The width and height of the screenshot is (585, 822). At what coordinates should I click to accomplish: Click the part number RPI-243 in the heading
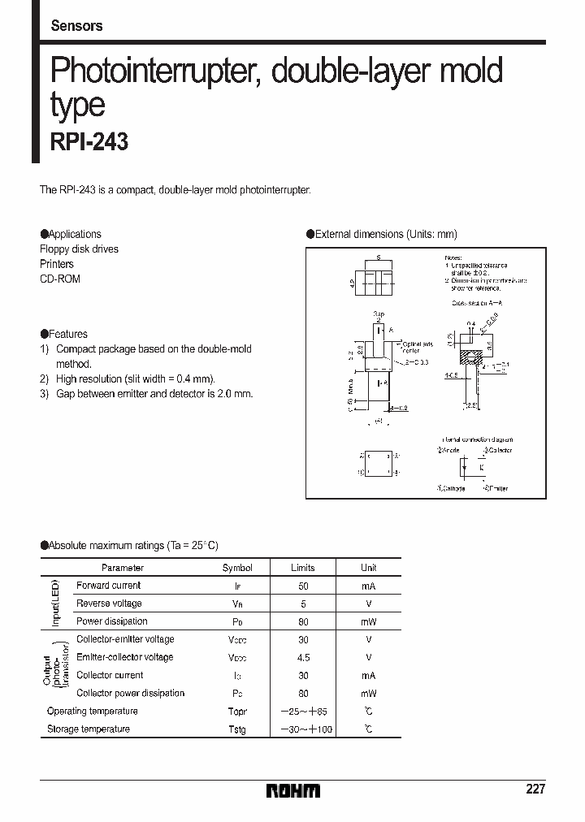89,142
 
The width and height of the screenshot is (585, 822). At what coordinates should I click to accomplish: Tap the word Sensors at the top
76,25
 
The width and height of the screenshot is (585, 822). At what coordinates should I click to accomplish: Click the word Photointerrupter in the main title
154,71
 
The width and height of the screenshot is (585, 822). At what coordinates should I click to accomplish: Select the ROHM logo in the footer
293,790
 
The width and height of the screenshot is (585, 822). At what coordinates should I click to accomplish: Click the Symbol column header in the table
237,568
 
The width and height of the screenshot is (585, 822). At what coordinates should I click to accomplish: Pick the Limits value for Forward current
302,586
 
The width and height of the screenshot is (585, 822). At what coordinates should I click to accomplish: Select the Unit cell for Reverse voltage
368,604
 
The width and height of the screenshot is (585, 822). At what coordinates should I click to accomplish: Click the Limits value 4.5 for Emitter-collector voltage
302,657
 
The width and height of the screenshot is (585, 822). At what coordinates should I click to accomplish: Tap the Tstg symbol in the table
237,729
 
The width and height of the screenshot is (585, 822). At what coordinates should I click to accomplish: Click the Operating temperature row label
93,712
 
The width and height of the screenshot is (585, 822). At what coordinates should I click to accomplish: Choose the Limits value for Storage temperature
302,729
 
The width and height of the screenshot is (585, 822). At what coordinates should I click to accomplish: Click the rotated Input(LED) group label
56,604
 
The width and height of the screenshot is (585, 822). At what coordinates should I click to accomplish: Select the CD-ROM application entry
60,279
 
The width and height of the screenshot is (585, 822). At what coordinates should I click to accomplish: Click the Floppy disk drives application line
79,249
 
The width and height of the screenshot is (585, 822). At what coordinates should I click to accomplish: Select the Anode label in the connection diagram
448,450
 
